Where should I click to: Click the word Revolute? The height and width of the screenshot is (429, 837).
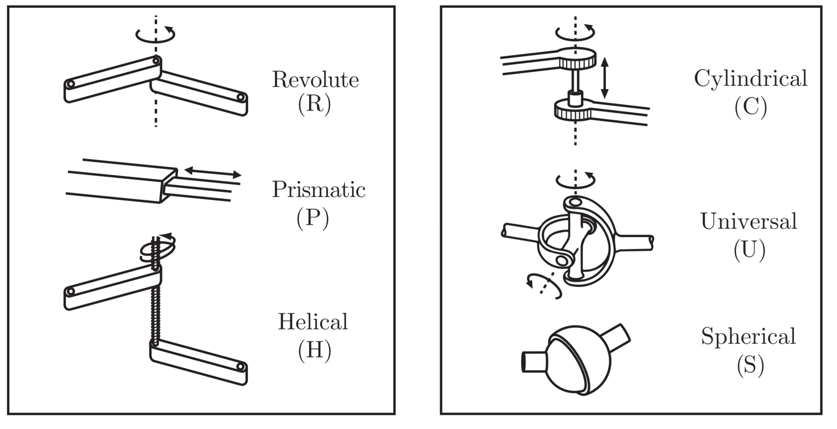(315, 80)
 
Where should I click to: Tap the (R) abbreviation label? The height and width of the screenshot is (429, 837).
(314, 104)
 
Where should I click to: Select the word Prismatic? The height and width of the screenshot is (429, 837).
(319, 189)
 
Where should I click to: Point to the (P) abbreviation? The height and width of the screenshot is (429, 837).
(312, 218)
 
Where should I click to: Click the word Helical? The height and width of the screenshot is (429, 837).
(313, 322)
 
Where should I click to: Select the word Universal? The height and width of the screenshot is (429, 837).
(749, 222)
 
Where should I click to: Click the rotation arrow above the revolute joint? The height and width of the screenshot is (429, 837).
(155, 34)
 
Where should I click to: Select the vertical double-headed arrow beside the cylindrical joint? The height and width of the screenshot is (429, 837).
(604, 78)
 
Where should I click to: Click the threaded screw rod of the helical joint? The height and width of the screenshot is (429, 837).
(155, 310)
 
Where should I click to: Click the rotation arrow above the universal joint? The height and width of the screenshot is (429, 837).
(575, 181)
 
